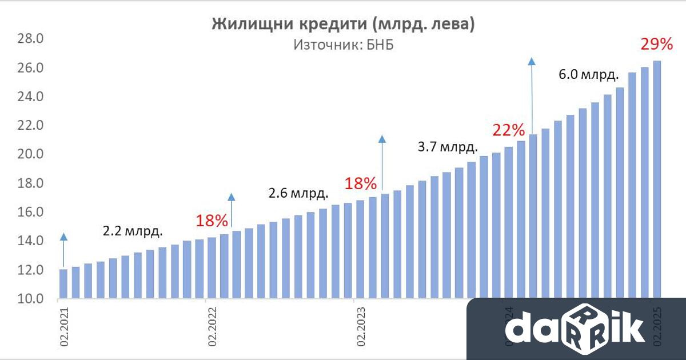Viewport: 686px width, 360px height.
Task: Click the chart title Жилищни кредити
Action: coord(344,24)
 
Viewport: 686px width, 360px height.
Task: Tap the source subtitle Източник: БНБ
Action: coord(344,45)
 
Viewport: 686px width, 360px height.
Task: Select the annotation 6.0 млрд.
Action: coord(589,75)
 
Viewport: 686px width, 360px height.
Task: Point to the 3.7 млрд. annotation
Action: coord(448,147)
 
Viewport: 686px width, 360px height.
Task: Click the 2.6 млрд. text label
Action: coord(298,193)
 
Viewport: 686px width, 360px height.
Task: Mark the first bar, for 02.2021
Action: coord(63,284)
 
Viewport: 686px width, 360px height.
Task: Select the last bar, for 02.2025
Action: coord(657,179)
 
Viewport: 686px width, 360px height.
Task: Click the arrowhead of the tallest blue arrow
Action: coord(532,62)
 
